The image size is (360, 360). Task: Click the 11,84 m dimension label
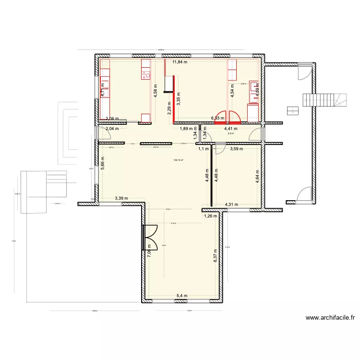[180, 62]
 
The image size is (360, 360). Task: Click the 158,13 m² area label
[179, 160]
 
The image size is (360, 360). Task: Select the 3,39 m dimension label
[121, 198]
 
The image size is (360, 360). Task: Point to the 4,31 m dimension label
[232, 205]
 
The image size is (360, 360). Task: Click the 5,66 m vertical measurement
[103, 165]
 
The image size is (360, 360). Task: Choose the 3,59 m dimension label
[236, 149]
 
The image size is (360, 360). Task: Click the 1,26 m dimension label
[211, 216]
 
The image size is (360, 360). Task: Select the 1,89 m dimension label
[187, 129]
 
